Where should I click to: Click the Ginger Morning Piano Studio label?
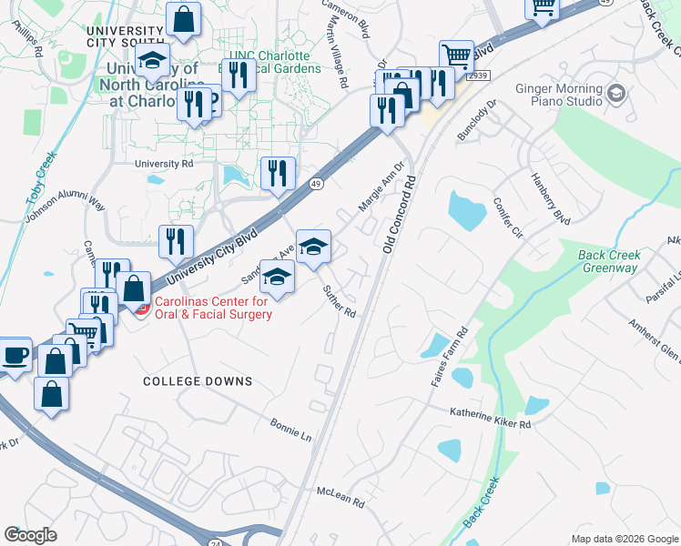pyautogui.click(x=559, y=95)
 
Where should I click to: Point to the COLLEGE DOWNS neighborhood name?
pyautogui.click(x=198, y=381)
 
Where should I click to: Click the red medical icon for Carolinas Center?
pyautogui.click(x=141, y=309)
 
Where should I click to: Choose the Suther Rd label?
pyautogui.click(x=339, y=300)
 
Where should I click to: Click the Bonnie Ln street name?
pyautogui.click(x=290, y=430)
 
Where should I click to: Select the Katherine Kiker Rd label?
pyautogui.click(x=490, y=418)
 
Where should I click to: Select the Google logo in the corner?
pyautogui.click(x=30, y=535)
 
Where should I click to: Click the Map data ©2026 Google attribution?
pyautogui.click(x=625, y=539)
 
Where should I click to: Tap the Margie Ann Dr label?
pyautogui.click(x=380, y=187)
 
